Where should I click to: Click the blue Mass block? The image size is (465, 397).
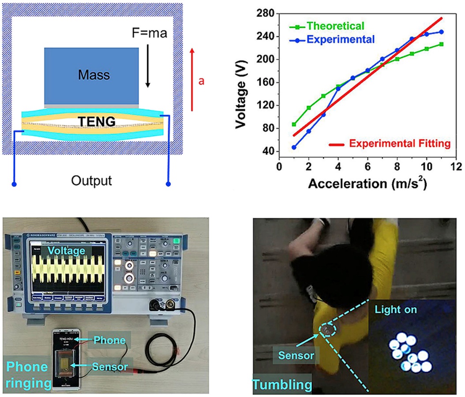click(x=91, y=75)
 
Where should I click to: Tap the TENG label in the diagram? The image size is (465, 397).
click(x=93, y=121)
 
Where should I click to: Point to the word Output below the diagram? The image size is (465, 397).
click(x=93, y=181)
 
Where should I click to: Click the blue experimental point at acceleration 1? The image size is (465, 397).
click(x=294, y=147)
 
